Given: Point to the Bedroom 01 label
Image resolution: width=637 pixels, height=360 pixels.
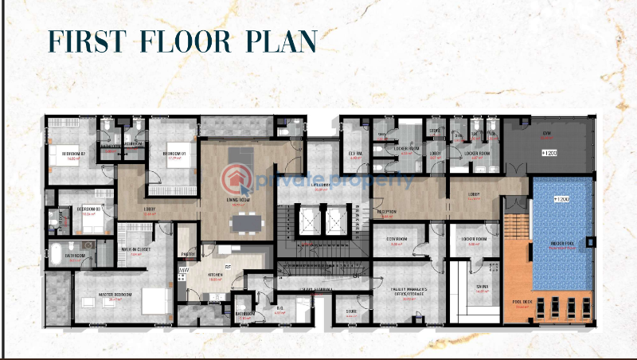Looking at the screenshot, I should tap(174, 151).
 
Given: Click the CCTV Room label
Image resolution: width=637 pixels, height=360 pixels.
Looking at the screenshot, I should tap(397, 238).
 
